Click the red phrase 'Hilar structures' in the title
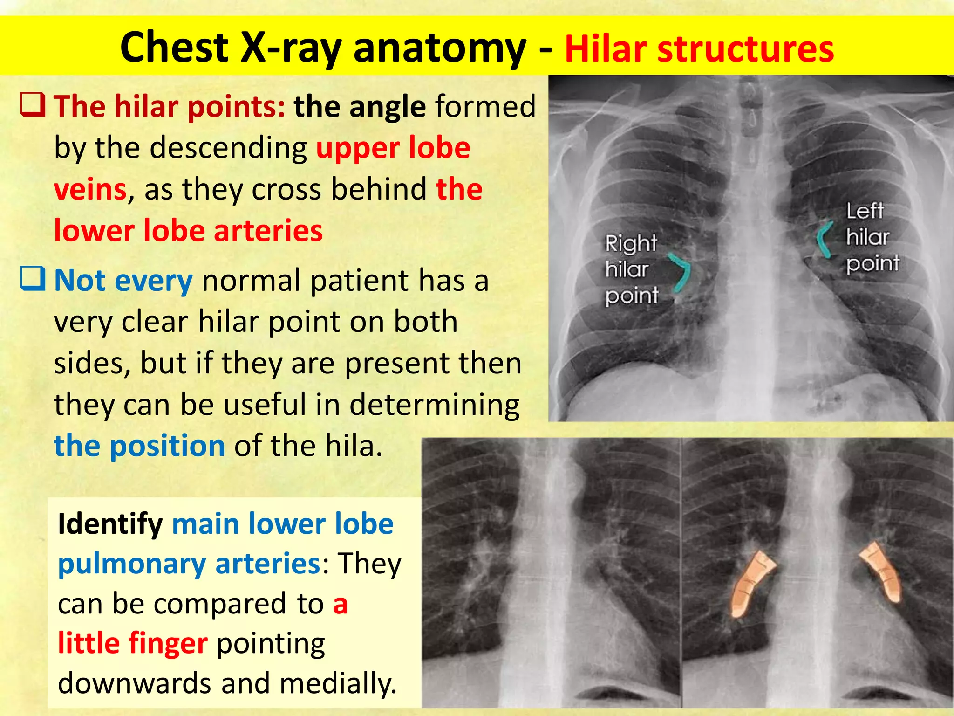(x=699, y=48)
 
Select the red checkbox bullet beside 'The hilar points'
(x=33, y=104)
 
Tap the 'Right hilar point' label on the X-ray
(x=631, y=269)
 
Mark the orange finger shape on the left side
(x=750, y=583)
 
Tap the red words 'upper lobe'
(x=393, y=148)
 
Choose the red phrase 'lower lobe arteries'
(x=188, y=231)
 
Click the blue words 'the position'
(x=140, y=446)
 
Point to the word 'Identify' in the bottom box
(x=110, y=524)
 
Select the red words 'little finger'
(x=132, y=643)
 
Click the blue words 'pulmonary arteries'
(x=189, y=564)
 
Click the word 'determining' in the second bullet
(x=434, y=405)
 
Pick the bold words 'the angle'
(x=360, y=107)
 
